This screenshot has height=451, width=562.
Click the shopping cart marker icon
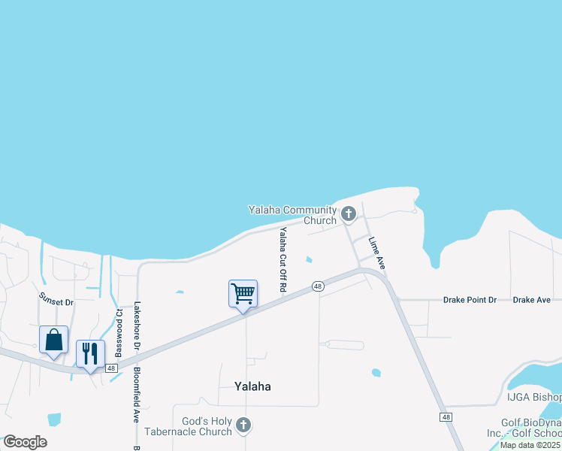(243, 293)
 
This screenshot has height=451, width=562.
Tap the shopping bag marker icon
(54, 340)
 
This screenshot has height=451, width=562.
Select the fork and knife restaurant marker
(90, 353)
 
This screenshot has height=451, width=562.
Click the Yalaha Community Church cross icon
(348, 214)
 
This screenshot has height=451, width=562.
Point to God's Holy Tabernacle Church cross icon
(243, 426)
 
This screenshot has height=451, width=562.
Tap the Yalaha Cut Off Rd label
(283, 260)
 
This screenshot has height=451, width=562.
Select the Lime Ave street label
(376, 253)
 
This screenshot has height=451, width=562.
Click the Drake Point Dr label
(470, 300)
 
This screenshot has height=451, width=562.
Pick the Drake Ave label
(532, 300)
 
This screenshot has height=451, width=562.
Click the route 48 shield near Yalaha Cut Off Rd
(319, 286)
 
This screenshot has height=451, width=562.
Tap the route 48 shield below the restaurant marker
(111, 368)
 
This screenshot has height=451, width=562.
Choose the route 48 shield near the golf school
(447, 417)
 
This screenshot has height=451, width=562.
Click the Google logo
(25, 441)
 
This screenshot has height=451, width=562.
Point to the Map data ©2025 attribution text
(530, 445)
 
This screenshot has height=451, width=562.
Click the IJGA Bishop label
(534, 397)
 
